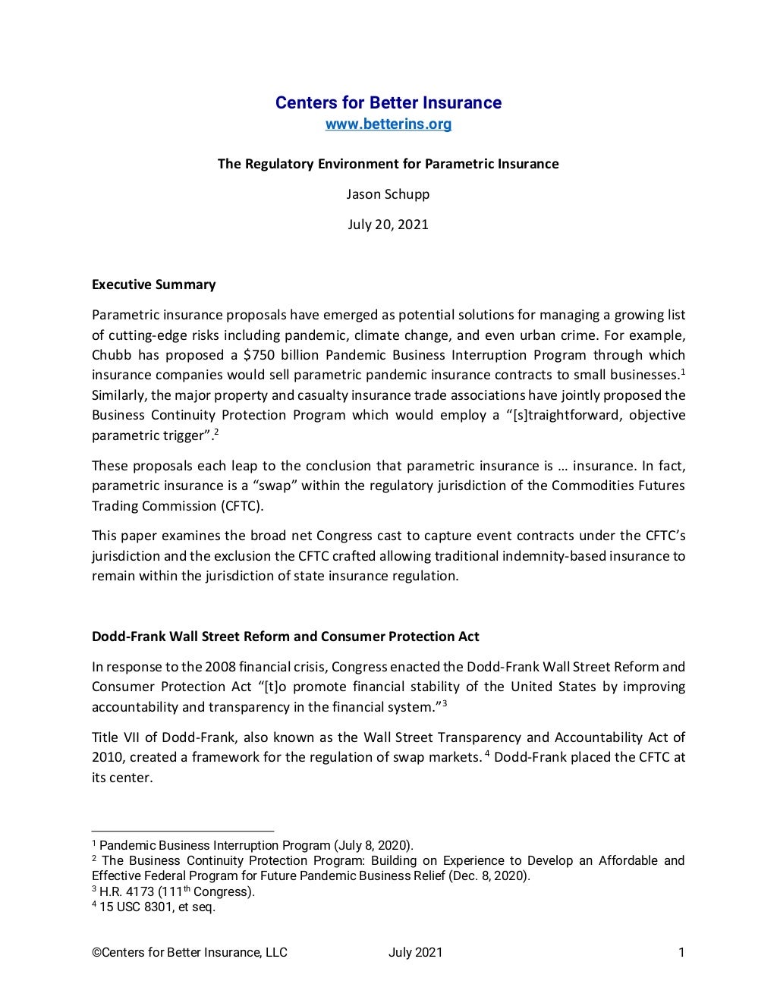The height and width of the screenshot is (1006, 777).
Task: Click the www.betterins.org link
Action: coord(388,124)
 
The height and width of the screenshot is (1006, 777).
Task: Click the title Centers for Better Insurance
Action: coord(388,102)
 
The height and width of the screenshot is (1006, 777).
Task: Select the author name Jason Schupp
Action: coord(388,194)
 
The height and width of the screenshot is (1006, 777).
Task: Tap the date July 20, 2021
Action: coord(388,225)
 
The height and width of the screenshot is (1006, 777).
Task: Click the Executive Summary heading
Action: coord(153,285)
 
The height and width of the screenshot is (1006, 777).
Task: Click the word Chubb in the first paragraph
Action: coord(112,355)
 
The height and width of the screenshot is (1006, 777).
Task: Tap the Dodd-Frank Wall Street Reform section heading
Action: coord(285,637)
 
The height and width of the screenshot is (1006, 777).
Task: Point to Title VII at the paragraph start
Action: coord(113,737)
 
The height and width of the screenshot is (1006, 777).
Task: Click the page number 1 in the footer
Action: coord(681,953)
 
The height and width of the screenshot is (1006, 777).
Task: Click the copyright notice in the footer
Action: coord(190,953)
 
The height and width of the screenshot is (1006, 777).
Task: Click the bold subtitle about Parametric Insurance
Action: coord(388,164)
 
